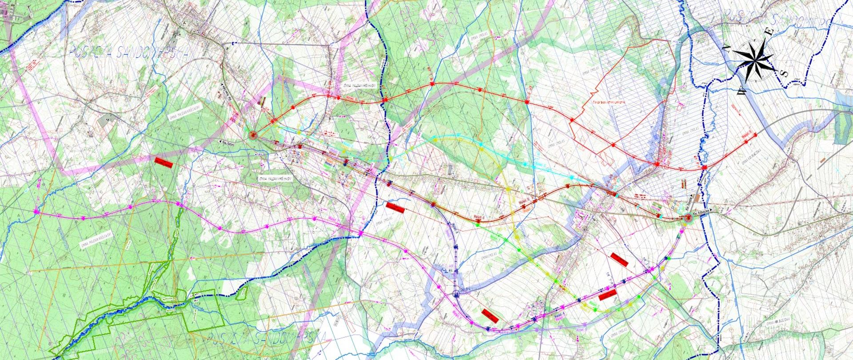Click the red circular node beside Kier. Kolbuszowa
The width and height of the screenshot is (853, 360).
(689, 218)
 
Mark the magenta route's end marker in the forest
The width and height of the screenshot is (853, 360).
(37, 212)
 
